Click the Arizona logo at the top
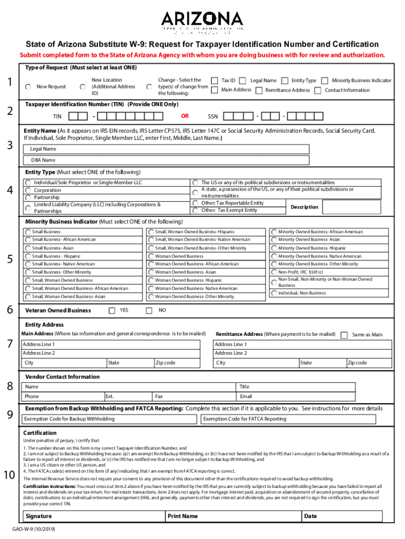202,22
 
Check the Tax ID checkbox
215,81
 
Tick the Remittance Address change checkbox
259,90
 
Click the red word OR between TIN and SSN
185,115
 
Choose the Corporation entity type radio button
28,190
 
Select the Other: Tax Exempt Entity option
195,210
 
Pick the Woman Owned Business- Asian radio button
151,272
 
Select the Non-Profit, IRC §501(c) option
274,272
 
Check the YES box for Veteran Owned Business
112,311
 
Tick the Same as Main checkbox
344,335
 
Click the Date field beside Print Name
347,516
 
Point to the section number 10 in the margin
9,476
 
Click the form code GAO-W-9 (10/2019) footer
36,529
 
